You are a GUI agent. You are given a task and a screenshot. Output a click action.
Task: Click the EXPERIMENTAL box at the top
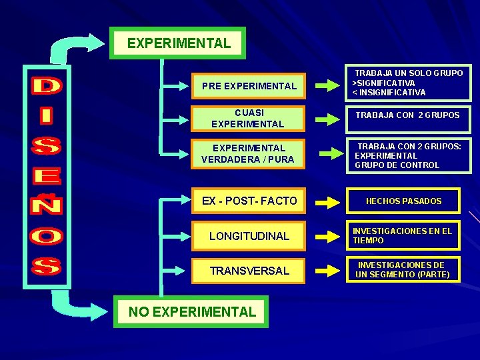(x=178, y=44)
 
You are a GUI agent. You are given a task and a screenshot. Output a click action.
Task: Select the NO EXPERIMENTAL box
(x=191, y=311)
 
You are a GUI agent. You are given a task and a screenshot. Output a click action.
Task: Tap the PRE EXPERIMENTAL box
(x=249, y=86)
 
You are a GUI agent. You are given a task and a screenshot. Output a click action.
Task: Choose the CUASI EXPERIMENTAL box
(x=247, y=119)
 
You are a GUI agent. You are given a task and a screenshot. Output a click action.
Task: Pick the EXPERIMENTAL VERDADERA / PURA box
(x=247, y=153)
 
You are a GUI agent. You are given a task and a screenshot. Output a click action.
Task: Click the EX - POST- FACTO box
(x=249, y=201)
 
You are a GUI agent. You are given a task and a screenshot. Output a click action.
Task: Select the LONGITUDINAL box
(x=249, y=236)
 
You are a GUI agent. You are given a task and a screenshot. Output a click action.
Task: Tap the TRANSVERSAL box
(x=249, y=271)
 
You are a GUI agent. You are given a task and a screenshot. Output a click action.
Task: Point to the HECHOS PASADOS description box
(x=403, y=201)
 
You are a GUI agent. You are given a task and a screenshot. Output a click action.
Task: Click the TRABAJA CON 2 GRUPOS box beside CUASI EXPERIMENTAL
(x=407, y=115)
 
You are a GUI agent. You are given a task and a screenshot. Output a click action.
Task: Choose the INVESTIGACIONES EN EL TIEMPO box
(x=403, y=235)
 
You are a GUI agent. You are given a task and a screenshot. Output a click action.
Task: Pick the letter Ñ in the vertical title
(x=47, y=204)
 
